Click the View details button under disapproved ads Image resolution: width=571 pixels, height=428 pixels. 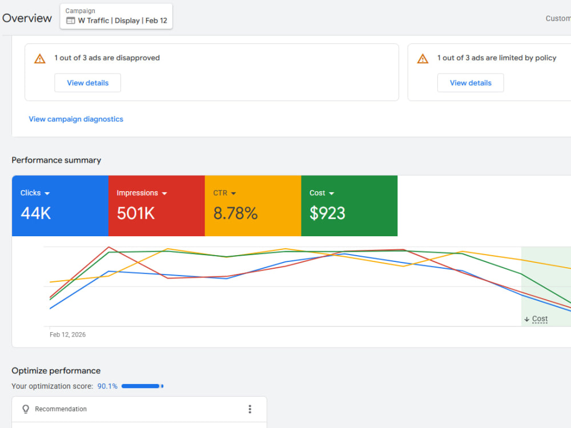[87, 83]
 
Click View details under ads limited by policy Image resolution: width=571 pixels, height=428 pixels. [471, 83]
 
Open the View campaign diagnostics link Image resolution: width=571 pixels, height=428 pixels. [76, 119]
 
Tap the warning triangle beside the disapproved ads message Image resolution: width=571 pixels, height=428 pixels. [40, 59]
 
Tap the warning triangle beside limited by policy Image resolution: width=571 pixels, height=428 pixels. [423, 59]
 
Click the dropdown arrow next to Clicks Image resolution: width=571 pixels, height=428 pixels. [47, 193]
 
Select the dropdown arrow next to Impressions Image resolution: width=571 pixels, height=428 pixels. [164, 193]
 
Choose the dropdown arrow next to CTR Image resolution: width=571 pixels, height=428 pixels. [234, 193]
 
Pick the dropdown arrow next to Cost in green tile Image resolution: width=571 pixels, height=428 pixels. [331, 193]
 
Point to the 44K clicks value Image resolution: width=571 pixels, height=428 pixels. [35, 213]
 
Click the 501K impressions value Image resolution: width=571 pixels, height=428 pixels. [136, 213]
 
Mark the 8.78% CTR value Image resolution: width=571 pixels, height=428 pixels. [236, 213]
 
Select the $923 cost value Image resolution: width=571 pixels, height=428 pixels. [327, 213]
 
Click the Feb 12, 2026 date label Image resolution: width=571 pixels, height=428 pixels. [68, 334]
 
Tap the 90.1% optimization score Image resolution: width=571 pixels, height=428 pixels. [107, 386]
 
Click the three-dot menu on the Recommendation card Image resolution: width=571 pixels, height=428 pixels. [250, 409]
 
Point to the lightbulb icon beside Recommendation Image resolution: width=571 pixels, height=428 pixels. [26, 409]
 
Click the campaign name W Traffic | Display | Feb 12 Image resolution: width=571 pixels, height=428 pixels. [122, 21]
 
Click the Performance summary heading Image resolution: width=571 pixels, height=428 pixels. [57, 160]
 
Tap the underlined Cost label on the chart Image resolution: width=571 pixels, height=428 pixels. [540, 319]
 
